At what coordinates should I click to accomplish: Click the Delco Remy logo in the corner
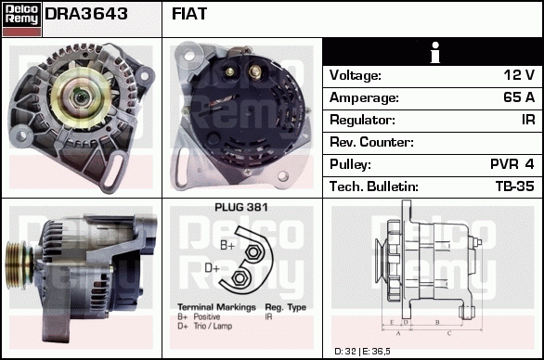21,19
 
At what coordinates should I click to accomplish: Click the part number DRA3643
86,14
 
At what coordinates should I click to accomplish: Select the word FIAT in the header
189,14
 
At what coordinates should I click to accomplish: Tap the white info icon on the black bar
435,52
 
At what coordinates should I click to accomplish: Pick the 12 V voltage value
519,75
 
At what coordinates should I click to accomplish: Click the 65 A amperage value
519,97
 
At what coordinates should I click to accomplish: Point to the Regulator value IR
528,120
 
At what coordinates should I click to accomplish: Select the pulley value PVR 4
512,164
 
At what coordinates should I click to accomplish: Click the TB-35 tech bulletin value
515,186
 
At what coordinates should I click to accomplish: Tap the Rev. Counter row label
371,142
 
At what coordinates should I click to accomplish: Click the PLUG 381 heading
241,208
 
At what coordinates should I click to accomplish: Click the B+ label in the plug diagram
227,245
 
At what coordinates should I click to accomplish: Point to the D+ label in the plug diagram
213,268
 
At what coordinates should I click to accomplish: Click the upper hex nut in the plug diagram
253,252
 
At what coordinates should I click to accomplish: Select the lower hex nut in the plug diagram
239,278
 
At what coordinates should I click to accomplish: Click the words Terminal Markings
216,307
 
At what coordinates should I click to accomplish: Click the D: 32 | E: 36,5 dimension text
362,352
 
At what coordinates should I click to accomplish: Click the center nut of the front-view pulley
81,97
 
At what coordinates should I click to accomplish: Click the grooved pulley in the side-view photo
19,265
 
